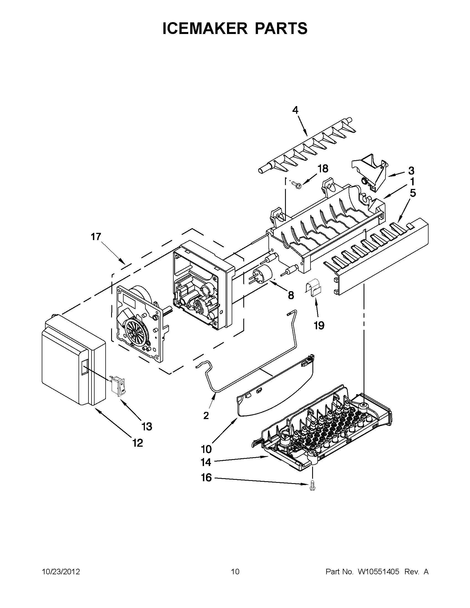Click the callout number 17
(96, 237)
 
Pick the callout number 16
(207, 478)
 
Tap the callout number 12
(138, 443)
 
